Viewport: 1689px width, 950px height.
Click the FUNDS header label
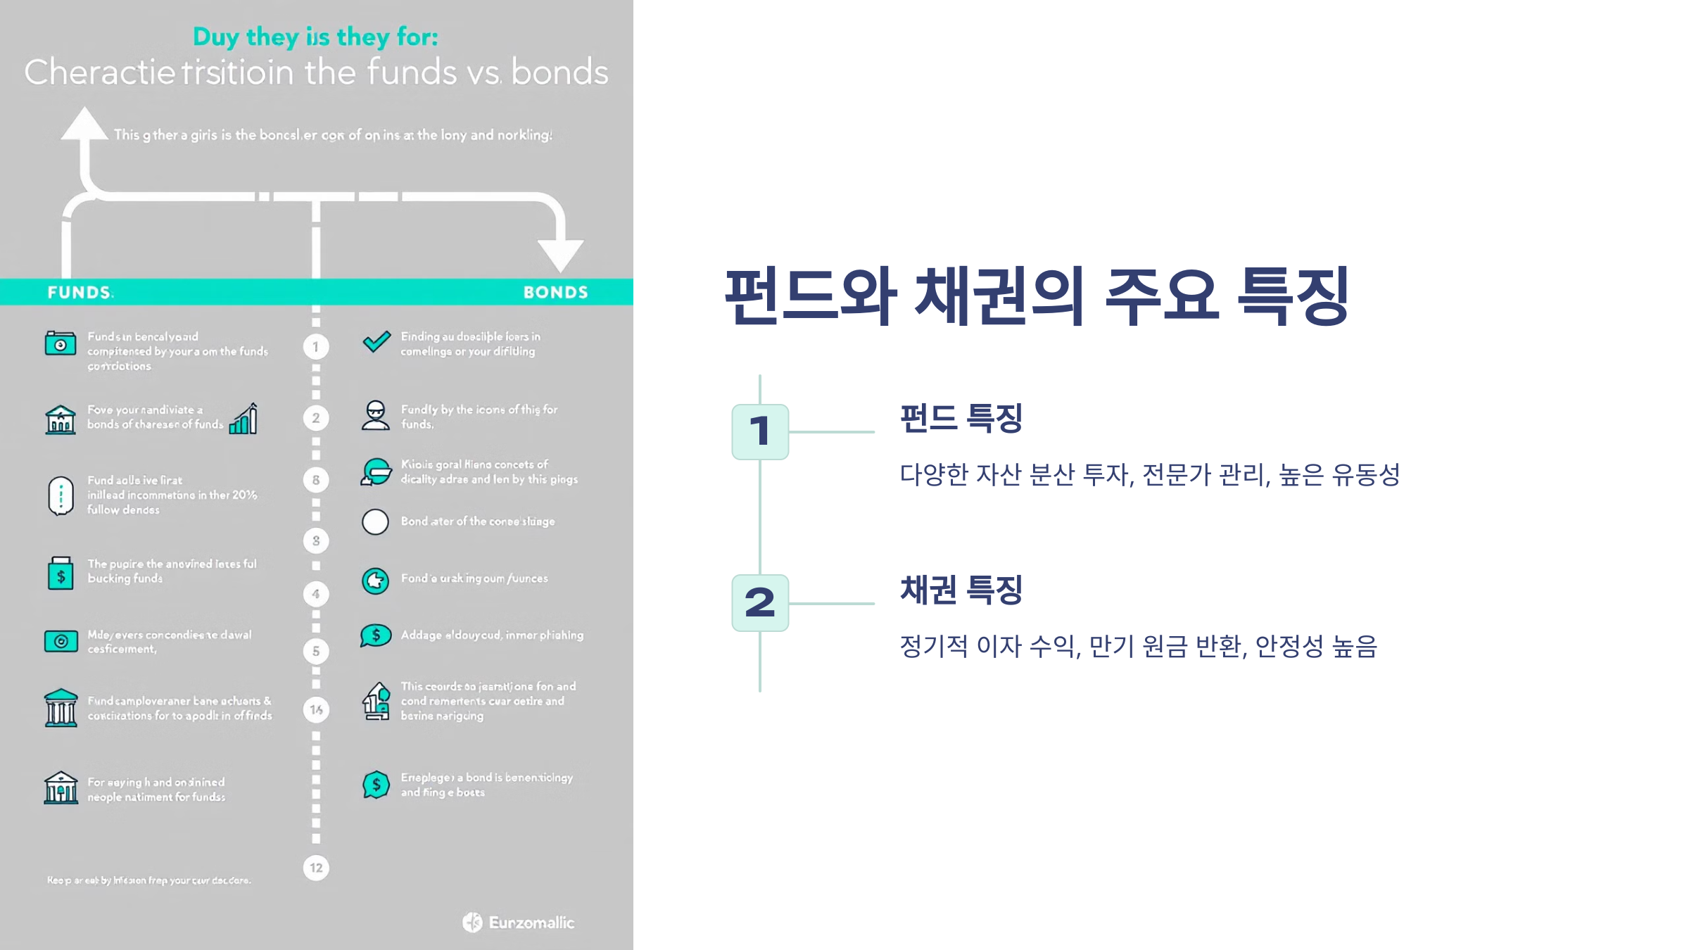80,292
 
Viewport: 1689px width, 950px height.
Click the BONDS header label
555,292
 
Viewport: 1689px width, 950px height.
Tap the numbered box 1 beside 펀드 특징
760,431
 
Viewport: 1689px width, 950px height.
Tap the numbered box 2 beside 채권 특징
760,603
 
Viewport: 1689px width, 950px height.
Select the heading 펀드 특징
961,419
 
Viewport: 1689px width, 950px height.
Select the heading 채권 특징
961,590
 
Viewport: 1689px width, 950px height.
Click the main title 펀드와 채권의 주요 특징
1037,296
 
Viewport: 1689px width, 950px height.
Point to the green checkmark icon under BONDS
377,342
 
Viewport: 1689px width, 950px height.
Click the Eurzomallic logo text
531,923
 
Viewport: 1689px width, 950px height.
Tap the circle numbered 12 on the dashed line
316,868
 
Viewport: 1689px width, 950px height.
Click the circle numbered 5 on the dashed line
316,651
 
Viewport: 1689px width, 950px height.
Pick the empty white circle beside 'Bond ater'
375,522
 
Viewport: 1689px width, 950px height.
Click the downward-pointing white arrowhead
560,254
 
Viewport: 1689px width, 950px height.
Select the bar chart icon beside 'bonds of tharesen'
243,419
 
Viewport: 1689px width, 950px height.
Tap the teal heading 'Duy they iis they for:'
315,37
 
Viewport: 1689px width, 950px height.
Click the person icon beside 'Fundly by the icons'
376,415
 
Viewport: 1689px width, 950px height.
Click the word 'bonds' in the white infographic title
559,72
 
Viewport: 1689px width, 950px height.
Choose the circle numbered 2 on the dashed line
316,418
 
